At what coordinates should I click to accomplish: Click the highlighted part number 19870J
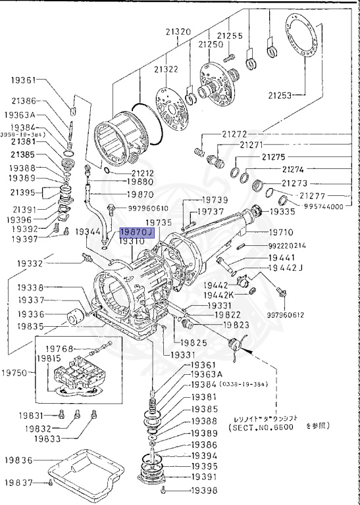tap(136, 233)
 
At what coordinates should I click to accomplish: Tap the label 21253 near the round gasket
tap(281, 95)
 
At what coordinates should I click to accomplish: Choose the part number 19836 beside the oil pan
tap(20, 460)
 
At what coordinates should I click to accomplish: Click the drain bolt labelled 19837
tap(51, 483)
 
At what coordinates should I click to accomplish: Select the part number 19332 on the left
tap(30, 263)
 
